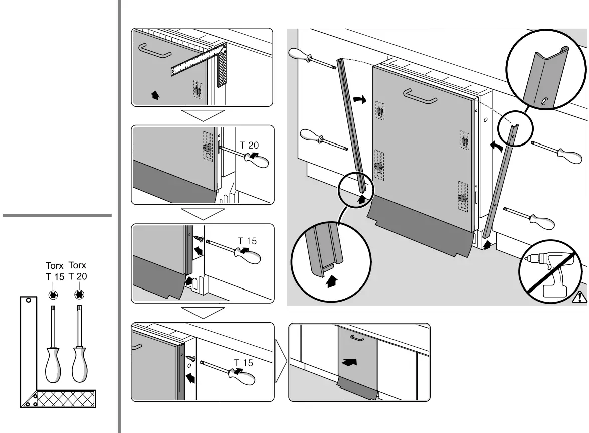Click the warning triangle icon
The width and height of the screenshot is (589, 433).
coord(579,297)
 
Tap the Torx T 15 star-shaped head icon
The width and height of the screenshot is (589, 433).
coord(52,294)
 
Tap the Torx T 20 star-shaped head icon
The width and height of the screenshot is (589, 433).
coord(78,294)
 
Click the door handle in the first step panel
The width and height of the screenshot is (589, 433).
coord(155,51)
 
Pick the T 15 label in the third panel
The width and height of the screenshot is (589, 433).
coord(247,241)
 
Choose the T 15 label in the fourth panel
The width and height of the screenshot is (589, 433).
coord(244,362)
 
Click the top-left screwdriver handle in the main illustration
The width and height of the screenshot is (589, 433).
coord(299,54)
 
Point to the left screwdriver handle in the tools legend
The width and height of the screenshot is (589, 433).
coord(53,362)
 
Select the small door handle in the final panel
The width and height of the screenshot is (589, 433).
coord(356,338)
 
